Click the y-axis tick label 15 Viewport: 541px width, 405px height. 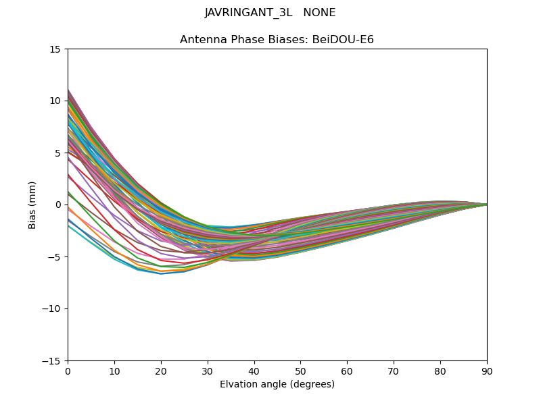[x=55, y=49]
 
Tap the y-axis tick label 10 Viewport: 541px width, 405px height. [x=55, y=101]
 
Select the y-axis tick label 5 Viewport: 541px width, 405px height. [x=57, y=153]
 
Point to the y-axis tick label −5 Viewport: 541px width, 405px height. [x=55, y=256]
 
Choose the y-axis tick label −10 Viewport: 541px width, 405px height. [x=52, y=308]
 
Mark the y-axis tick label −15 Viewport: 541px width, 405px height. [x=52, y=360]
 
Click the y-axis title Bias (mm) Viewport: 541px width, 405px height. [x=32, y=205]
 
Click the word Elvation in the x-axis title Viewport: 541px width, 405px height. [x=238, y=385]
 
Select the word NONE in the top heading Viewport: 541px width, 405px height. [x=319, y=13]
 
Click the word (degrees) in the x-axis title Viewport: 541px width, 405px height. [x=311, y=385]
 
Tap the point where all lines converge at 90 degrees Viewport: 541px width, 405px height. [x=487, y=205]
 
